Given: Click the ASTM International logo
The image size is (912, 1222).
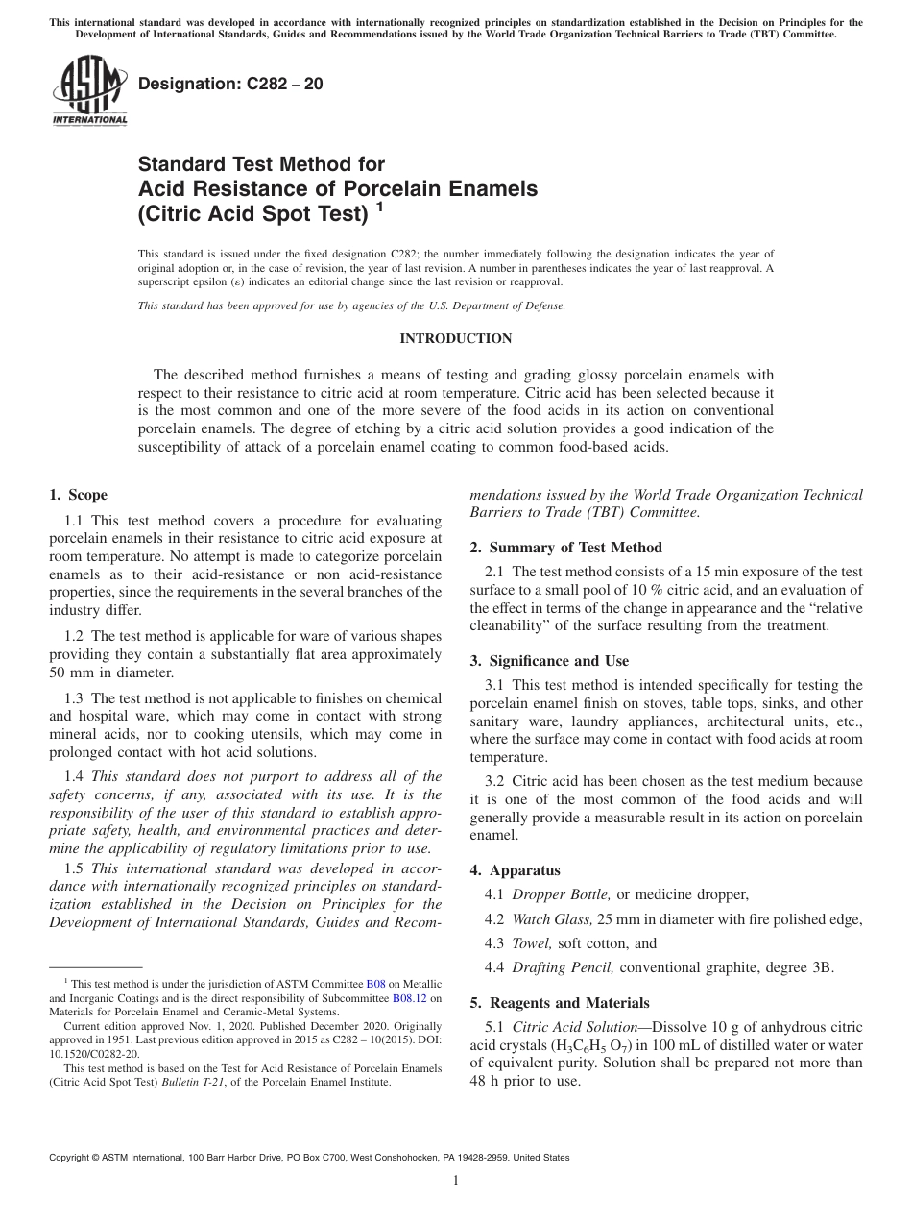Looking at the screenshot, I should [88, 90].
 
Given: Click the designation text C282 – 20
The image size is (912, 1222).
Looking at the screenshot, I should [231, 84].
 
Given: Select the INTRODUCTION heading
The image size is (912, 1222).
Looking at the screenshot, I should [455, 338].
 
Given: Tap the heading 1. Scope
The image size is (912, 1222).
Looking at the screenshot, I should [79, 495].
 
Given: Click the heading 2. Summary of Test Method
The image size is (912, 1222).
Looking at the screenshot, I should [565, 548].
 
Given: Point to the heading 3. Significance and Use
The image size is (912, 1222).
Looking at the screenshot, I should [549, 661].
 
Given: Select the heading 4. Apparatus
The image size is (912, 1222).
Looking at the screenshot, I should [515, 870].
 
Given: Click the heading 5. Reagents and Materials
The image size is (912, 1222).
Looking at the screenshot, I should [559, 1002].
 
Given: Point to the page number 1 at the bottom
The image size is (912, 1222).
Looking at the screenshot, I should [456, 1181].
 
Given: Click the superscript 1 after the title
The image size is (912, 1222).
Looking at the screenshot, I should [380, 206].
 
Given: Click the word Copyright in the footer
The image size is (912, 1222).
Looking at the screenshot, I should [73, 1158].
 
